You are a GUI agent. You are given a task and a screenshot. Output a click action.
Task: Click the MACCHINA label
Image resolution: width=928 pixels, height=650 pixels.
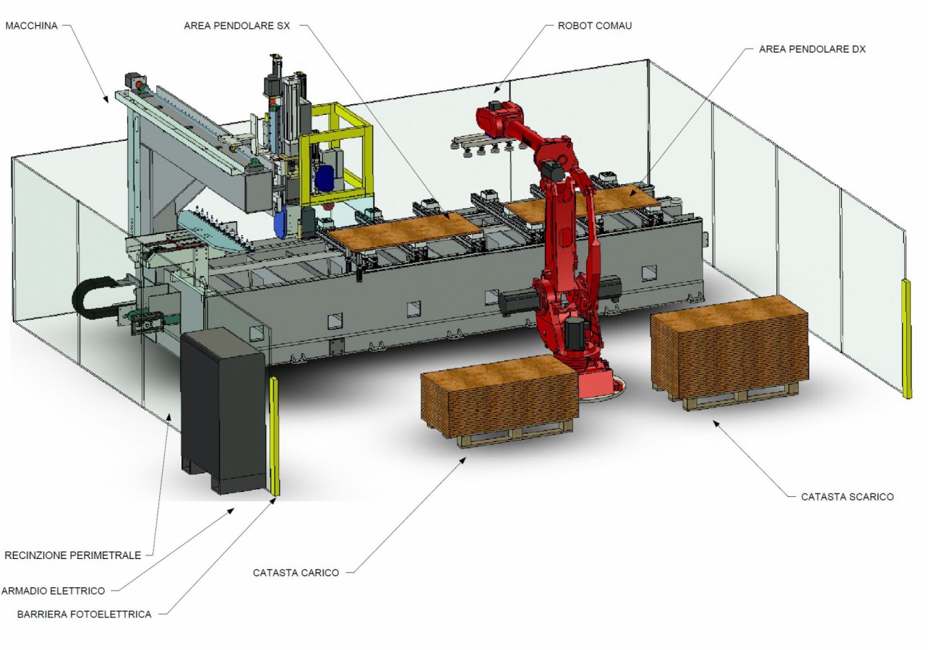32,26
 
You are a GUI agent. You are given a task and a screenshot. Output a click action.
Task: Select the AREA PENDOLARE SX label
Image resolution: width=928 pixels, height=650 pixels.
236,26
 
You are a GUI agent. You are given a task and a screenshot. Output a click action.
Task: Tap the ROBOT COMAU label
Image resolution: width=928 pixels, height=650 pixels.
595,26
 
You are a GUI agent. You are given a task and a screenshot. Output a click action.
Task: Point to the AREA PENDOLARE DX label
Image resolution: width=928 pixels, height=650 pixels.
812,49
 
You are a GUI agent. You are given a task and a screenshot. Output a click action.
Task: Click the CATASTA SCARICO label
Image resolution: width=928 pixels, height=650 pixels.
847,497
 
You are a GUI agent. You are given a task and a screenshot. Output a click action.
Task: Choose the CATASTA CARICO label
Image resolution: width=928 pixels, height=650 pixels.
296,573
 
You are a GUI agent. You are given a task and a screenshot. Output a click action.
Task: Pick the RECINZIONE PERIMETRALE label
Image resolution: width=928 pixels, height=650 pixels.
72,555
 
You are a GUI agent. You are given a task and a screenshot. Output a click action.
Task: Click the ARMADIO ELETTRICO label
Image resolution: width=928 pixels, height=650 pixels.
53,591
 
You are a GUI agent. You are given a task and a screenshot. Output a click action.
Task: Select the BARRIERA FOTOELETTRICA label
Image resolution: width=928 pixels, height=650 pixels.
84,615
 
